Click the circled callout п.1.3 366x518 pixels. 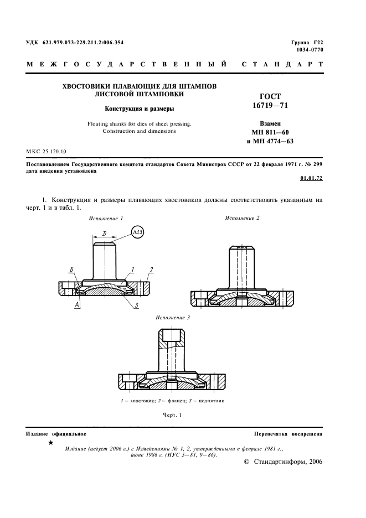click(137, 232)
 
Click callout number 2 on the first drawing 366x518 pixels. click(151, 270)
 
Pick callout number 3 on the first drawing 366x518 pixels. click(136, 305)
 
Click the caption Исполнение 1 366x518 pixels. click(106, 219)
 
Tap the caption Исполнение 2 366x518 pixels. click(242, 218)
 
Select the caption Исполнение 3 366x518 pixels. click(173, 318)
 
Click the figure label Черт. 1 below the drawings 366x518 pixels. click(172, 415)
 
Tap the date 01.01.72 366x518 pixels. click(311, 179)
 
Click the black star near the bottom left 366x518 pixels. click(51, 443)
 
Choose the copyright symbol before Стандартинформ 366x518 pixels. click(246, 462)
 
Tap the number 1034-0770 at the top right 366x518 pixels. click(311, 50)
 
